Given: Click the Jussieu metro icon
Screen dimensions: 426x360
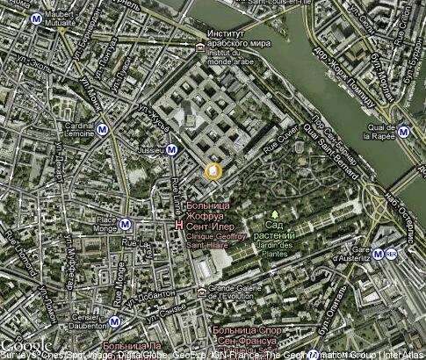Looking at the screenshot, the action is click(173, 149).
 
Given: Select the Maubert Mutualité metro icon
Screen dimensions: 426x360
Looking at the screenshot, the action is click(35, 18).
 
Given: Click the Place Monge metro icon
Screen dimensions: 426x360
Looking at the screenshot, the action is click(126, 224).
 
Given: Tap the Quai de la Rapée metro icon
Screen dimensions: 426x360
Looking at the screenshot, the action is click(403, 133).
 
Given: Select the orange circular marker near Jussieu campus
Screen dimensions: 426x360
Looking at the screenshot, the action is click(212, 171).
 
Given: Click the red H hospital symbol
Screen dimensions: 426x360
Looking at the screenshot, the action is click(179, 225).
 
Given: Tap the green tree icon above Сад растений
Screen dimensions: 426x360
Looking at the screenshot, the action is click(275, 213).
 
